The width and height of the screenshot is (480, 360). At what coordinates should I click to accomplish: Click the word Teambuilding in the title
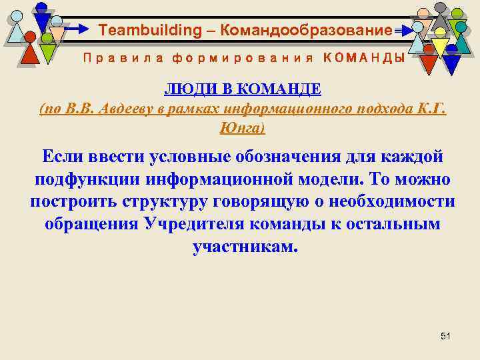(140, 31)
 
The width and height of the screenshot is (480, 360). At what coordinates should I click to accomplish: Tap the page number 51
(446, 336)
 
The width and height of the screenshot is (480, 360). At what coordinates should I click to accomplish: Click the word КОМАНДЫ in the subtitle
(363, 58)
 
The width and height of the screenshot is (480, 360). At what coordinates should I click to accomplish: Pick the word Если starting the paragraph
(64, 157)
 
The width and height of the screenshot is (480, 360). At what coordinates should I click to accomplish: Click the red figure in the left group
(29, 51)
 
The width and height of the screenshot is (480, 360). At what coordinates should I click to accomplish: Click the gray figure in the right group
(439, 16)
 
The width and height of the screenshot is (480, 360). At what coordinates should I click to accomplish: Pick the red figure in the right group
(429, 63)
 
